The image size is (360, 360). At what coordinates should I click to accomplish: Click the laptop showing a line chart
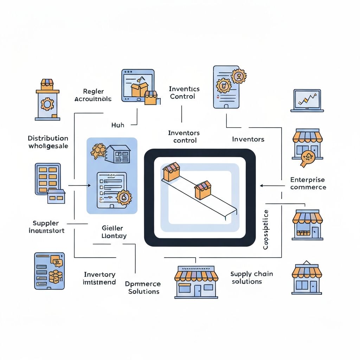[x=307, y=101]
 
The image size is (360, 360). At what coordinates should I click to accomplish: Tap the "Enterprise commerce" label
[x=308, y=183]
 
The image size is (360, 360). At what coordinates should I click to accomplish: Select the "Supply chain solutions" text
[x=251, y=278]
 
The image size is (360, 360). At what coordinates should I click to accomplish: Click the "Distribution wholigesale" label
[x=48, y=142]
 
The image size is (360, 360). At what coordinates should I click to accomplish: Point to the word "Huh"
[x=118, y=124]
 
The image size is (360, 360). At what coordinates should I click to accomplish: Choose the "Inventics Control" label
[x=184, y=92]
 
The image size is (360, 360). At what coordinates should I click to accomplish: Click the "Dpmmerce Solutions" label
[x=143, y=288]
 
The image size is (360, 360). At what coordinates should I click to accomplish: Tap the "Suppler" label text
[x=46, y=223]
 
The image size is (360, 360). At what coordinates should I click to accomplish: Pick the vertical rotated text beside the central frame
[x=266, y=230]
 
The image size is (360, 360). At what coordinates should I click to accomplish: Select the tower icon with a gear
[x=48, y=100]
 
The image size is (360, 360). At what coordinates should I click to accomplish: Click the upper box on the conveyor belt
[x=171, y=172]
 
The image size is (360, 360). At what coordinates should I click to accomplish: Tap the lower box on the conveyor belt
[x=203, y=190]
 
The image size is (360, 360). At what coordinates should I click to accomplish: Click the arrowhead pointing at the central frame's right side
[x=261, y=185]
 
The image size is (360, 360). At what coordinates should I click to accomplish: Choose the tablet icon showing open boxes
[x=139, y=86]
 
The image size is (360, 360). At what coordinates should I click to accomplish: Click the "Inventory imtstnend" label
[x=99, y=278]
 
